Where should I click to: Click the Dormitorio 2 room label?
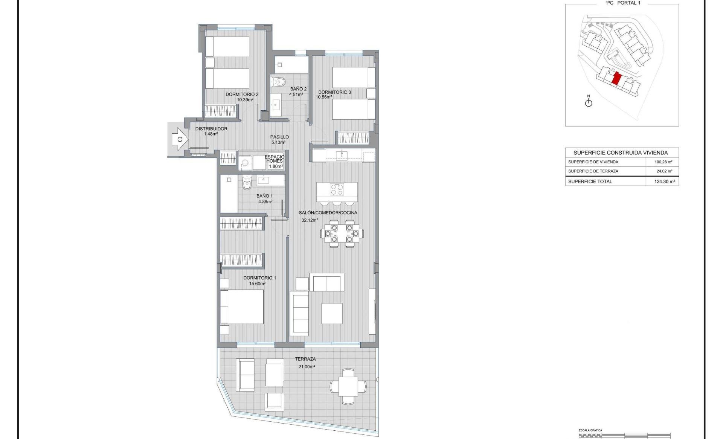click(242, 94)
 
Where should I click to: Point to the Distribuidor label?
click(211, 128)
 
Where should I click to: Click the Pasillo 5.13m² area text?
click(278, 142)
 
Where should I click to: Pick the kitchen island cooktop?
click(337, 189)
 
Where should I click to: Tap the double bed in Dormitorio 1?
click(242, 306)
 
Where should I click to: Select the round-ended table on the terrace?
click(348, 386)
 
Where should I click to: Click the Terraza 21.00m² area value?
click(307, 366)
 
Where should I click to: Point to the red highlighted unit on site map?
click(616, 78)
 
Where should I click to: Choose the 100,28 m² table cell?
click(664, 162)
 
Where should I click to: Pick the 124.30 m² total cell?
click(665, 181)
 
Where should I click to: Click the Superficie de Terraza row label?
click(593, 171)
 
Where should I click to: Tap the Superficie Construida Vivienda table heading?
click(621, 152)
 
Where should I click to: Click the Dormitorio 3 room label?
click(334, 92)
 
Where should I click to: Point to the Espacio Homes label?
click(275, 159)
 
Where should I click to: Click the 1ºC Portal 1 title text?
click(623, 3)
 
